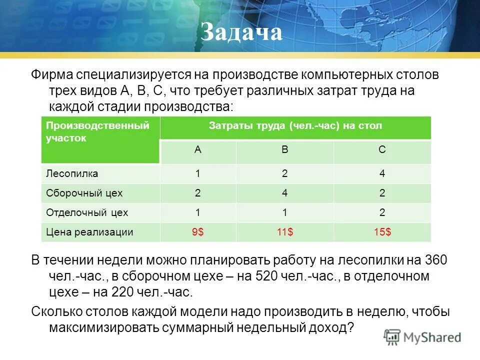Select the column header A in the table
(x=198, y=150)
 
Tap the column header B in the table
(x=284, y=150)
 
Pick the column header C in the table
(x=382, y=150)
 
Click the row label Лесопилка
(x=72, y=174)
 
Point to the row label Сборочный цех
(x=84, y=193)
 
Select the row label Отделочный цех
(x=87, y=212)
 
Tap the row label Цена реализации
(x=89, y=232)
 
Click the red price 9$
(x=198, y=232)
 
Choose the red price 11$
(x=284, y=232)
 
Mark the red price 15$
(x=382, y=232)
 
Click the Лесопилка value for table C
(x=382, y=174)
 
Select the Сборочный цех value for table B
(x=284, y=193)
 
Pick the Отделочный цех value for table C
(x=382, y=212)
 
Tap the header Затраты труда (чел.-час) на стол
(x=295, y=126)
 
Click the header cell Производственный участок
(x=97, y=132)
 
